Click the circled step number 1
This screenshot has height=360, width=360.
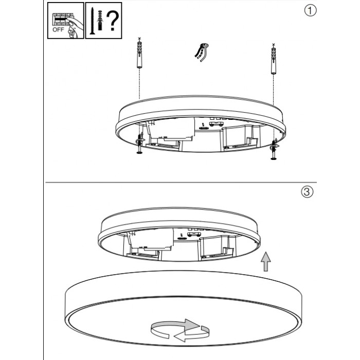[x=310, y=10]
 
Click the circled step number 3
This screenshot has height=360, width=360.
[x=307, y=192]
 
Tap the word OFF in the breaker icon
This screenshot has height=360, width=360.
[x=58, y=30]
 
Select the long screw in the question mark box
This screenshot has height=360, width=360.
[x=92, y=21]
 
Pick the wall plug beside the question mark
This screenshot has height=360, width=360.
[x=100, y=20]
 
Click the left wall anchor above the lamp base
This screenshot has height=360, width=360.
[x=139, y=55]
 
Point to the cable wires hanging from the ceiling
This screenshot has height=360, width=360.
[x=202, y=52]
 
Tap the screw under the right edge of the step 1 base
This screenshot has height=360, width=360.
[x=274, y=150]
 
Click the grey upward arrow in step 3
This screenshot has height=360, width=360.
[x=266, y=261]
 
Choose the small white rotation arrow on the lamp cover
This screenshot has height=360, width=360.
[x=192, y=334]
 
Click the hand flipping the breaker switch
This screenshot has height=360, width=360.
[x=74, y=28]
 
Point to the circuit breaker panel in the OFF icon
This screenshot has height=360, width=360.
[x=61, y=20]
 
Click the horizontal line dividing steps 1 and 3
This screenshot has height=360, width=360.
[x=181, y=183]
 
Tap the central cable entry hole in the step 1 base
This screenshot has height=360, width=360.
[x=203, y=128]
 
